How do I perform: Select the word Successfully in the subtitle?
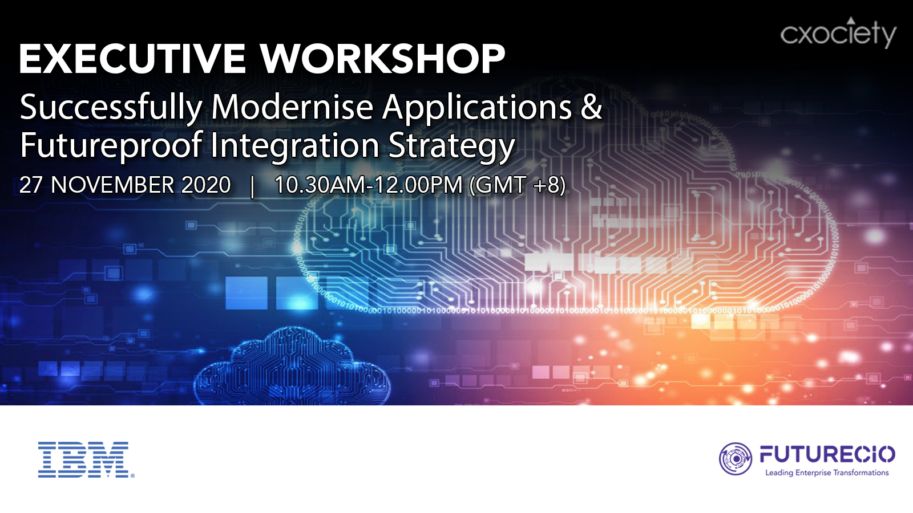coord(111,108)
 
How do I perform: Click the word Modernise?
coord(292,107)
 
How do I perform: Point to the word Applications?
coord(477,108)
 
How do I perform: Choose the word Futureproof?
coord(111,145)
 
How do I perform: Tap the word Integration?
coord(294,145)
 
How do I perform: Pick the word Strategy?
coord(451,146)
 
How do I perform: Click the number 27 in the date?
coord(31,185)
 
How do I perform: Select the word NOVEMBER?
coord(112,185)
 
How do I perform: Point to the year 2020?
coord(206,185)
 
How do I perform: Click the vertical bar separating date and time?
coord(253,186)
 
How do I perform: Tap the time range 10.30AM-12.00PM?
coord(369,185)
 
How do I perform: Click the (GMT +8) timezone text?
coord(518,185)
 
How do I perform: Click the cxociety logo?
coord(838,32)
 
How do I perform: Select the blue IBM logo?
coord(86,459)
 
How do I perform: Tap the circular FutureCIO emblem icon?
coord(736,459)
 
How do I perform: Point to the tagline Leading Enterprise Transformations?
coord(827,473)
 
